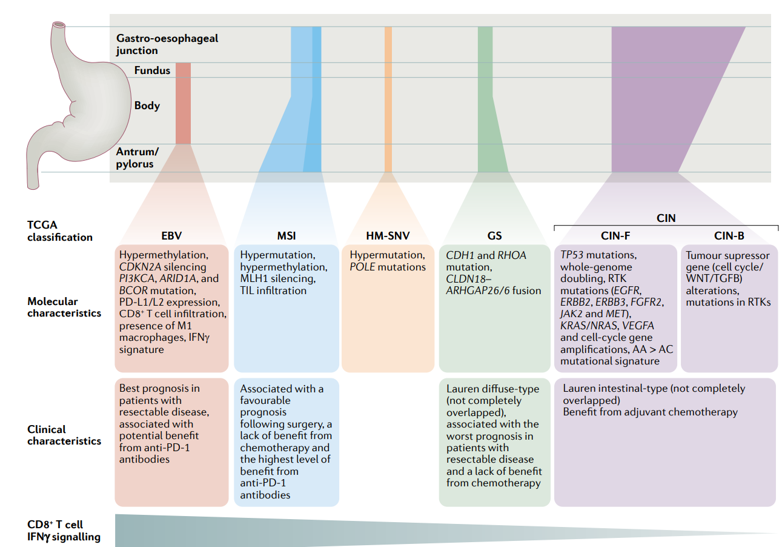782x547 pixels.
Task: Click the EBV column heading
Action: (171, 236)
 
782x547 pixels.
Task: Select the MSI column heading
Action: (286, 236)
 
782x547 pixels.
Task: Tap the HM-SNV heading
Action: (388, 236)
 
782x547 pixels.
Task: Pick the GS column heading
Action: (494, 236)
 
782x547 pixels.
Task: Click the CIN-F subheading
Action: (612, 236)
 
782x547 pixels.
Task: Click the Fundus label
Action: (152, 70)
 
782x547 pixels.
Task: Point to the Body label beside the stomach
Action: (147, 106)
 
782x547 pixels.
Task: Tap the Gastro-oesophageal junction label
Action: (167, 44)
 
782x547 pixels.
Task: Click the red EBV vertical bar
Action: (183, 103)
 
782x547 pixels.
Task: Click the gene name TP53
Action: (574, 255)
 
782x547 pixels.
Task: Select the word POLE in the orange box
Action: (363, 267)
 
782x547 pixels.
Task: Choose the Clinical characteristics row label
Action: (64, 435)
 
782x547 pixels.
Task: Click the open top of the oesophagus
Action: (59, 25)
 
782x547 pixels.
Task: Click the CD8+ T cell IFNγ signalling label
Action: (64, 530)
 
